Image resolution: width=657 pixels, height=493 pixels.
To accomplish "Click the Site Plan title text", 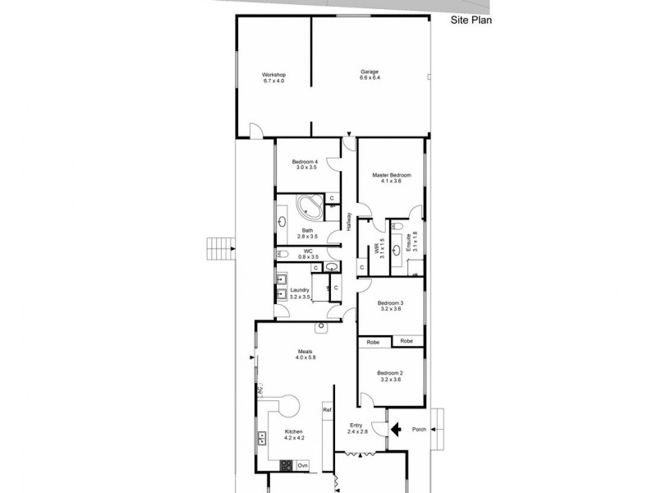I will pyautogui.click(x=471, y=22).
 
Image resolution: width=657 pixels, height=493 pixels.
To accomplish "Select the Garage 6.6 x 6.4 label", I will pyautogui.click(x=370, y=75).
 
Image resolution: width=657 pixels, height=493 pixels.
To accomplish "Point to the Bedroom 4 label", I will pyautogui.click(x=305, y=164).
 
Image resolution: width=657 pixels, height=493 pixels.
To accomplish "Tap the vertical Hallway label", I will pyautogui.click(x=349, y=223).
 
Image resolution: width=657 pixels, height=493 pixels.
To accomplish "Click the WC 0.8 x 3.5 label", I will pyautogui.click(x=308, y=254).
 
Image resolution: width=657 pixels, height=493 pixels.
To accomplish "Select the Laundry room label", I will pyautogui.click(x=300, y=293).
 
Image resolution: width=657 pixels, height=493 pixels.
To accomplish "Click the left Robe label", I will pyautogui.click(x=373, y=341).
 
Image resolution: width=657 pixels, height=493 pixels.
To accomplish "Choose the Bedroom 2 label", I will pyautogui.click(x=389, y=375).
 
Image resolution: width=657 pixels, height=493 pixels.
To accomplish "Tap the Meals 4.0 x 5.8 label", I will pyautogui.click(x=305, y=355).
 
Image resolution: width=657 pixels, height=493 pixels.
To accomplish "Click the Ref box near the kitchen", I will pyautogui.click(x=326, y=409).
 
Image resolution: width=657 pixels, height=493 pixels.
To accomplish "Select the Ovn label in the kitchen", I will pyautogui.click(x=302, y=467).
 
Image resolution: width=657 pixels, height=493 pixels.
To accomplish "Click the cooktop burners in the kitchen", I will pyautogui.click(x=287, y=466).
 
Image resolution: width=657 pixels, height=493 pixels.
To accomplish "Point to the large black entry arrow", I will pyautogui.click(x=395, y=428).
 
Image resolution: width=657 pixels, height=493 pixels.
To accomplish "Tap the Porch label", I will pyautogui.click(x=419, y=428).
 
